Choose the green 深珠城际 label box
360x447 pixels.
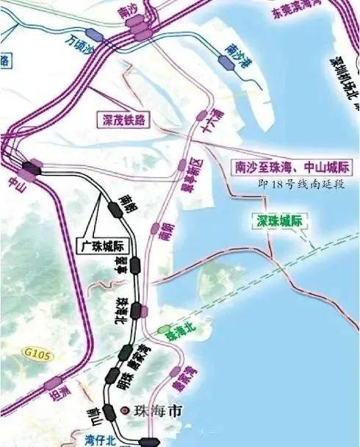(280, 219)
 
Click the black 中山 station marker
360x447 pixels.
(31, 168)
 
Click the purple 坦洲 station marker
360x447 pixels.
(52, 382)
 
